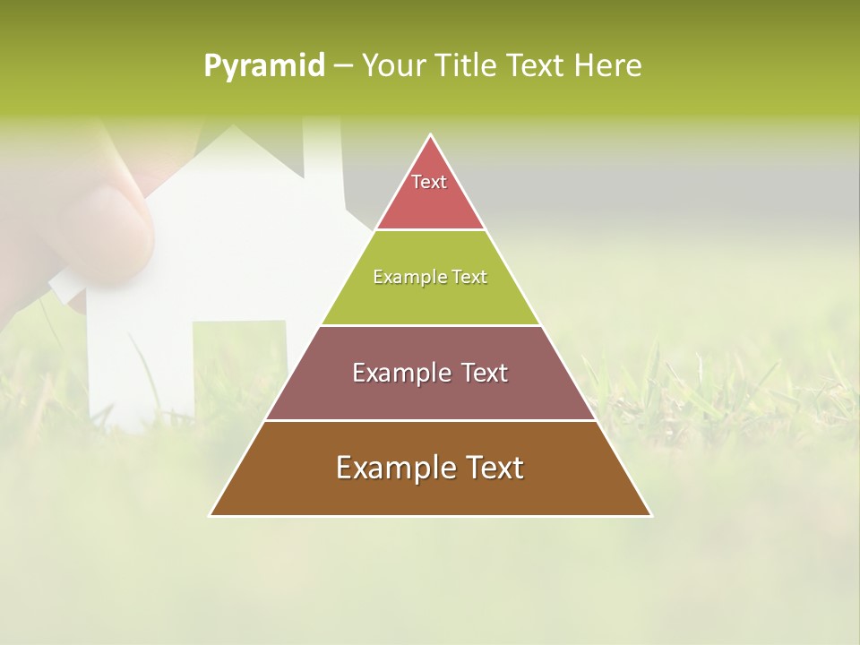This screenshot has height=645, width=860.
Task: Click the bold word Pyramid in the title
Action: [264, 65]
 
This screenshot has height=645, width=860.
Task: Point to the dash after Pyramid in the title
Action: [343, 66]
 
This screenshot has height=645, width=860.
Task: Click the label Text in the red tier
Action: [429, 182]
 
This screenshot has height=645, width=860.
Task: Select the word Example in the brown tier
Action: [393, 468]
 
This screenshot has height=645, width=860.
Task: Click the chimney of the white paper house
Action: [323, 161]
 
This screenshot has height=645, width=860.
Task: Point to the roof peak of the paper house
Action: [235, 127]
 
